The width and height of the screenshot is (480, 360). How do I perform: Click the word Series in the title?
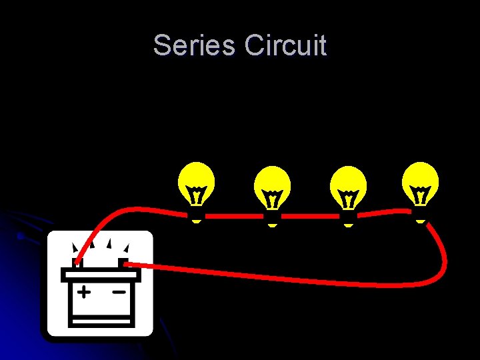(193, 45)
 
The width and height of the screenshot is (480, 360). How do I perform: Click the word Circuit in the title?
(285, 45)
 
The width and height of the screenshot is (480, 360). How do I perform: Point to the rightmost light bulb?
(421, 184)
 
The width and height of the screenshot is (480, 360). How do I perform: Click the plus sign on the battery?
(83, 292)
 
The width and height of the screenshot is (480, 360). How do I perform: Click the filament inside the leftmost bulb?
(197, 195)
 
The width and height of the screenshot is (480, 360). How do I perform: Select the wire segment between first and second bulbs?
(235, 216)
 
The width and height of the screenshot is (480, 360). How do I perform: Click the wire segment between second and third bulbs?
(311, 216)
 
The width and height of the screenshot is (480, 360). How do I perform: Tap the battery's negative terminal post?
(123, 262)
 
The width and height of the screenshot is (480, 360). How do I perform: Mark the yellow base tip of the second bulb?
(272, 226)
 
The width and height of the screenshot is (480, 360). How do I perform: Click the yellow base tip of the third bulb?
(349, 226)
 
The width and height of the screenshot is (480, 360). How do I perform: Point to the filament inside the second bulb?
(273, 199)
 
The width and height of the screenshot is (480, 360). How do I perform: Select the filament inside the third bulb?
(349, 199)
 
